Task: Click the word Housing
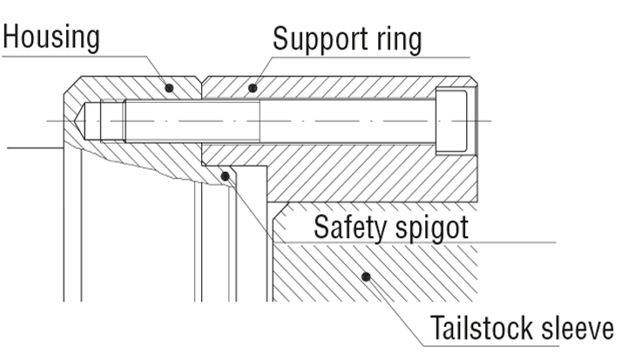(51, 37)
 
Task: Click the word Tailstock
(481, 329)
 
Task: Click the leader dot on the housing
(170, 87)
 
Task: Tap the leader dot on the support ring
(253, 87)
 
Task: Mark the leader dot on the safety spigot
(225, 176)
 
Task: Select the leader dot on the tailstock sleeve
(366, 277)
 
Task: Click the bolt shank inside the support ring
(349, 120)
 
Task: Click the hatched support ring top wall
(349, 87)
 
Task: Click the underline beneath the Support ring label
(366, 57)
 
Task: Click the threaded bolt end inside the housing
(174, 120)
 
